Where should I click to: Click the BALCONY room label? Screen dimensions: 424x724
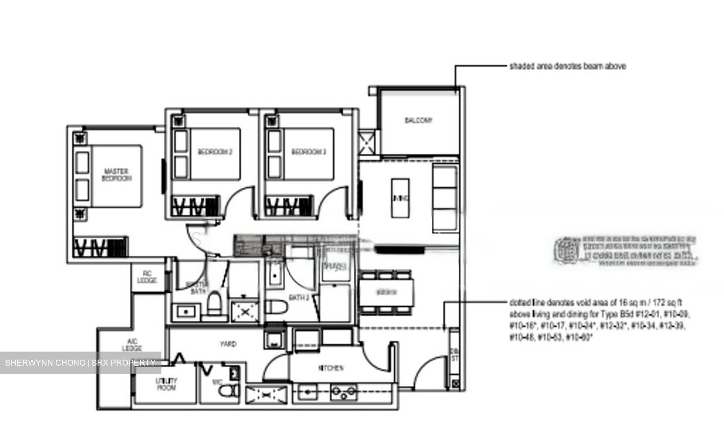(418, 120)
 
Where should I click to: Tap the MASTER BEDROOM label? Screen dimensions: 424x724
(116, 175)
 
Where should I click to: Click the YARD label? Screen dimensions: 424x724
(228, 344)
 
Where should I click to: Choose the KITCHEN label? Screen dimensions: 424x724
(331, 368)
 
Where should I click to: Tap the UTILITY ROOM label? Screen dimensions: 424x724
(166, 384)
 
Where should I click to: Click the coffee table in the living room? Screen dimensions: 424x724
(400, 198)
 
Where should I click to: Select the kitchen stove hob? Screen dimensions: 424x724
(344, 391)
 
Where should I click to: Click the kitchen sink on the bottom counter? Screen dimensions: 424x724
(307, 391)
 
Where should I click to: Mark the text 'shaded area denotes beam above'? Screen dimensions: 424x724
(568, 66)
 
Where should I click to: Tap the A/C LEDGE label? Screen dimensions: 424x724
(132, 345)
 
